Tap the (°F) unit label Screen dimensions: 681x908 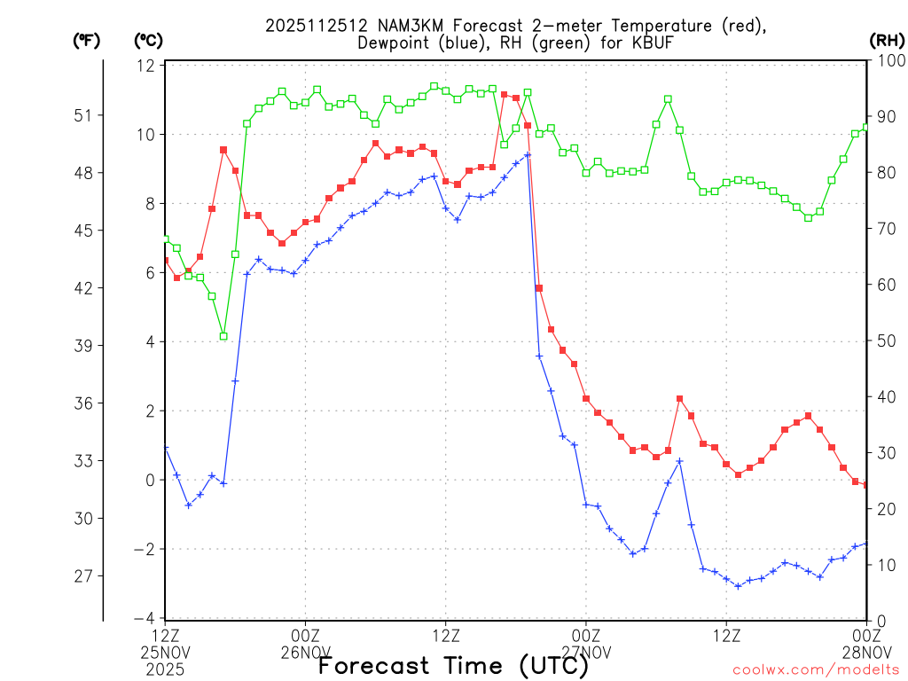click(x=86, y=40)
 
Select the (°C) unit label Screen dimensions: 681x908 click(x=147, y=40)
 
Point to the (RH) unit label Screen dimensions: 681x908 click(x=888, y=40)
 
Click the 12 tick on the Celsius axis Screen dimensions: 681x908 click(x=146, y=66)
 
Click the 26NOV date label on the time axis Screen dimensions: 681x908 click(x=305, y=653)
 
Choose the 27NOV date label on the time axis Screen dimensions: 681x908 click(x=586, y=653)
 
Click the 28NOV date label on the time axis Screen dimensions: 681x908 click(x=865, y=653)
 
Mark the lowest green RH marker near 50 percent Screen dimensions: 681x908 click(x=223, y=336)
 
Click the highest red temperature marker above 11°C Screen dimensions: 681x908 click(x=504, y=94)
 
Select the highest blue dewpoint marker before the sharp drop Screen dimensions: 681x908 click(x=528, y=155)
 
